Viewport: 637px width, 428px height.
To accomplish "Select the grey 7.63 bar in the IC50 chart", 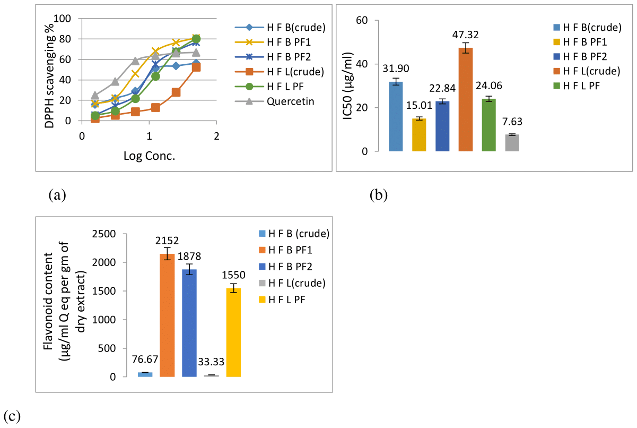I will pyautogui.click(x=512, y=143).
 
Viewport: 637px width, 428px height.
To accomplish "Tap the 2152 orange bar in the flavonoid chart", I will pyautogui.click(x=167, y=315).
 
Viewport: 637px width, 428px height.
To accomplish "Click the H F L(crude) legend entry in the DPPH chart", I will pyautogui.click(x=286, y=72).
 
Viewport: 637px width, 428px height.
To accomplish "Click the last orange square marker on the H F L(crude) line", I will pyautogui.click(x=196, y=67).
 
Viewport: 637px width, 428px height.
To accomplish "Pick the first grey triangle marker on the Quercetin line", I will pyautogui.click(x=95, y=96).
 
